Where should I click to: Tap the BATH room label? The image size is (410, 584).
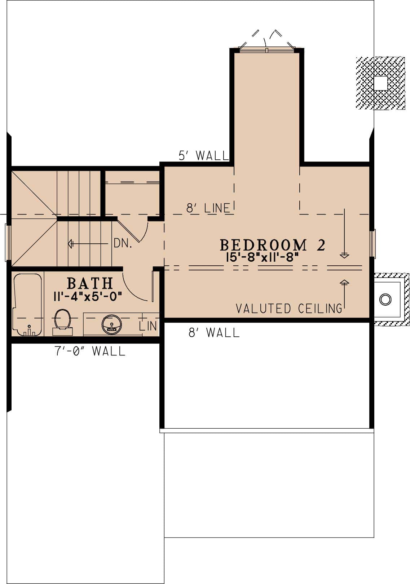[x=90, y=284]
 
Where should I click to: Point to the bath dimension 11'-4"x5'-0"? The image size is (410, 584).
[x=88, y=296]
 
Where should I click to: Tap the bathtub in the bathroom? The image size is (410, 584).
[x=27, y=305]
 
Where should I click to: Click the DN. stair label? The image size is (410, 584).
[x=123, y=244]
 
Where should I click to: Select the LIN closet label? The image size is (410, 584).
[x=148, y=326]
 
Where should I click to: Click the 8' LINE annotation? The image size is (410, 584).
[x=208, y=208]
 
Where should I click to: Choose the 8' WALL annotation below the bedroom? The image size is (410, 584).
[x=214, y=332]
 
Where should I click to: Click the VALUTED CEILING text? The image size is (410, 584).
[x=289, y=309]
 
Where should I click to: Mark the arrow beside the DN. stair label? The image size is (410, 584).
[x=88, y=244]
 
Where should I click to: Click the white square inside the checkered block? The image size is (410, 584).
[x=380, y=83]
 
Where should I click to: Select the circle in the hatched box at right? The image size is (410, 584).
[x=385, y=299]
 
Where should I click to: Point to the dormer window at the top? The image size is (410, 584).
[x=266, y=49]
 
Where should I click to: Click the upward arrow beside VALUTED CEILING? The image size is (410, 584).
[x=344, y=294]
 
